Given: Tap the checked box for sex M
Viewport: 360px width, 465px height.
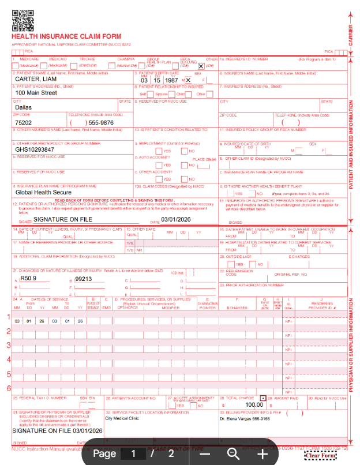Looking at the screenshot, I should (x=189, y=80).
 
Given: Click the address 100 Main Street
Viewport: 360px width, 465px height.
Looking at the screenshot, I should (x=36, y=93).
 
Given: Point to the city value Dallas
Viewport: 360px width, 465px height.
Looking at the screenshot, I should (x=24, y=107).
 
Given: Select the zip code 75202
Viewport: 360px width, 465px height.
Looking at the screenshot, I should (x=24, y=122).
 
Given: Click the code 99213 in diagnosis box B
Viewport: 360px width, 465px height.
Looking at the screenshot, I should (x=84, y=279).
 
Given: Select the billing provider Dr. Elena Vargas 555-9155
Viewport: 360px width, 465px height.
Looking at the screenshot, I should (x=245, y=419).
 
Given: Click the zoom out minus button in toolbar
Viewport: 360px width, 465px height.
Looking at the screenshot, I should (x=205, y=453).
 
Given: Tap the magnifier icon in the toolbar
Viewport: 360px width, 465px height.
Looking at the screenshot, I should (x=233, y=453).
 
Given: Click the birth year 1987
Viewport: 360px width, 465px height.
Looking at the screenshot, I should (x=171, y=80).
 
